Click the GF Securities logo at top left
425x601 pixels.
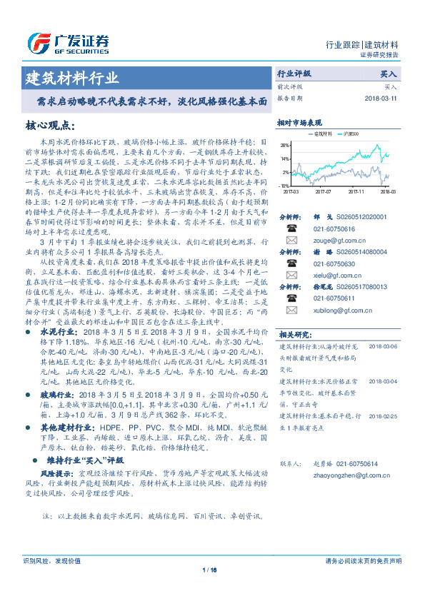pyautogui.click(x=68, y=41)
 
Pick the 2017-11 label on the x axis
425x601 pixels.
pyautogui.click(x=356, y=191)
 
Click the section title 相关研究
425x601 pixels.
pyautogui.click(x=294, y=333)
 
